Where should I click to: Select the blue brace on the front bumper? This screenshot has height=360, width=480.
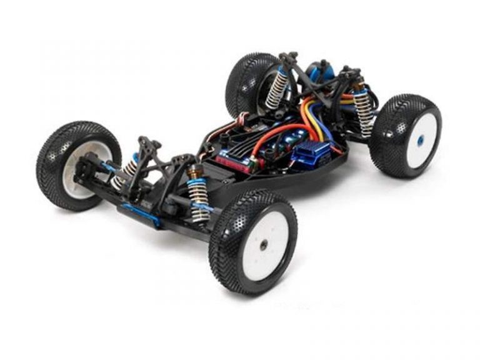(x=141, y=213)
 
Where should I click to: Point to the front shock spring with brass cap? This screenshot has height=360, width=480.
(x=198, y=199)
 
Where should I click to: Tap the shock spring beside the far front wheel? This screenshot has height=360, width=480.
(x=127, y=171)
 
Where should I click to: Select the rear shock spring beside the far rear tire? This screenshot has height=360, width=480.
(x=276, y=87)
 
